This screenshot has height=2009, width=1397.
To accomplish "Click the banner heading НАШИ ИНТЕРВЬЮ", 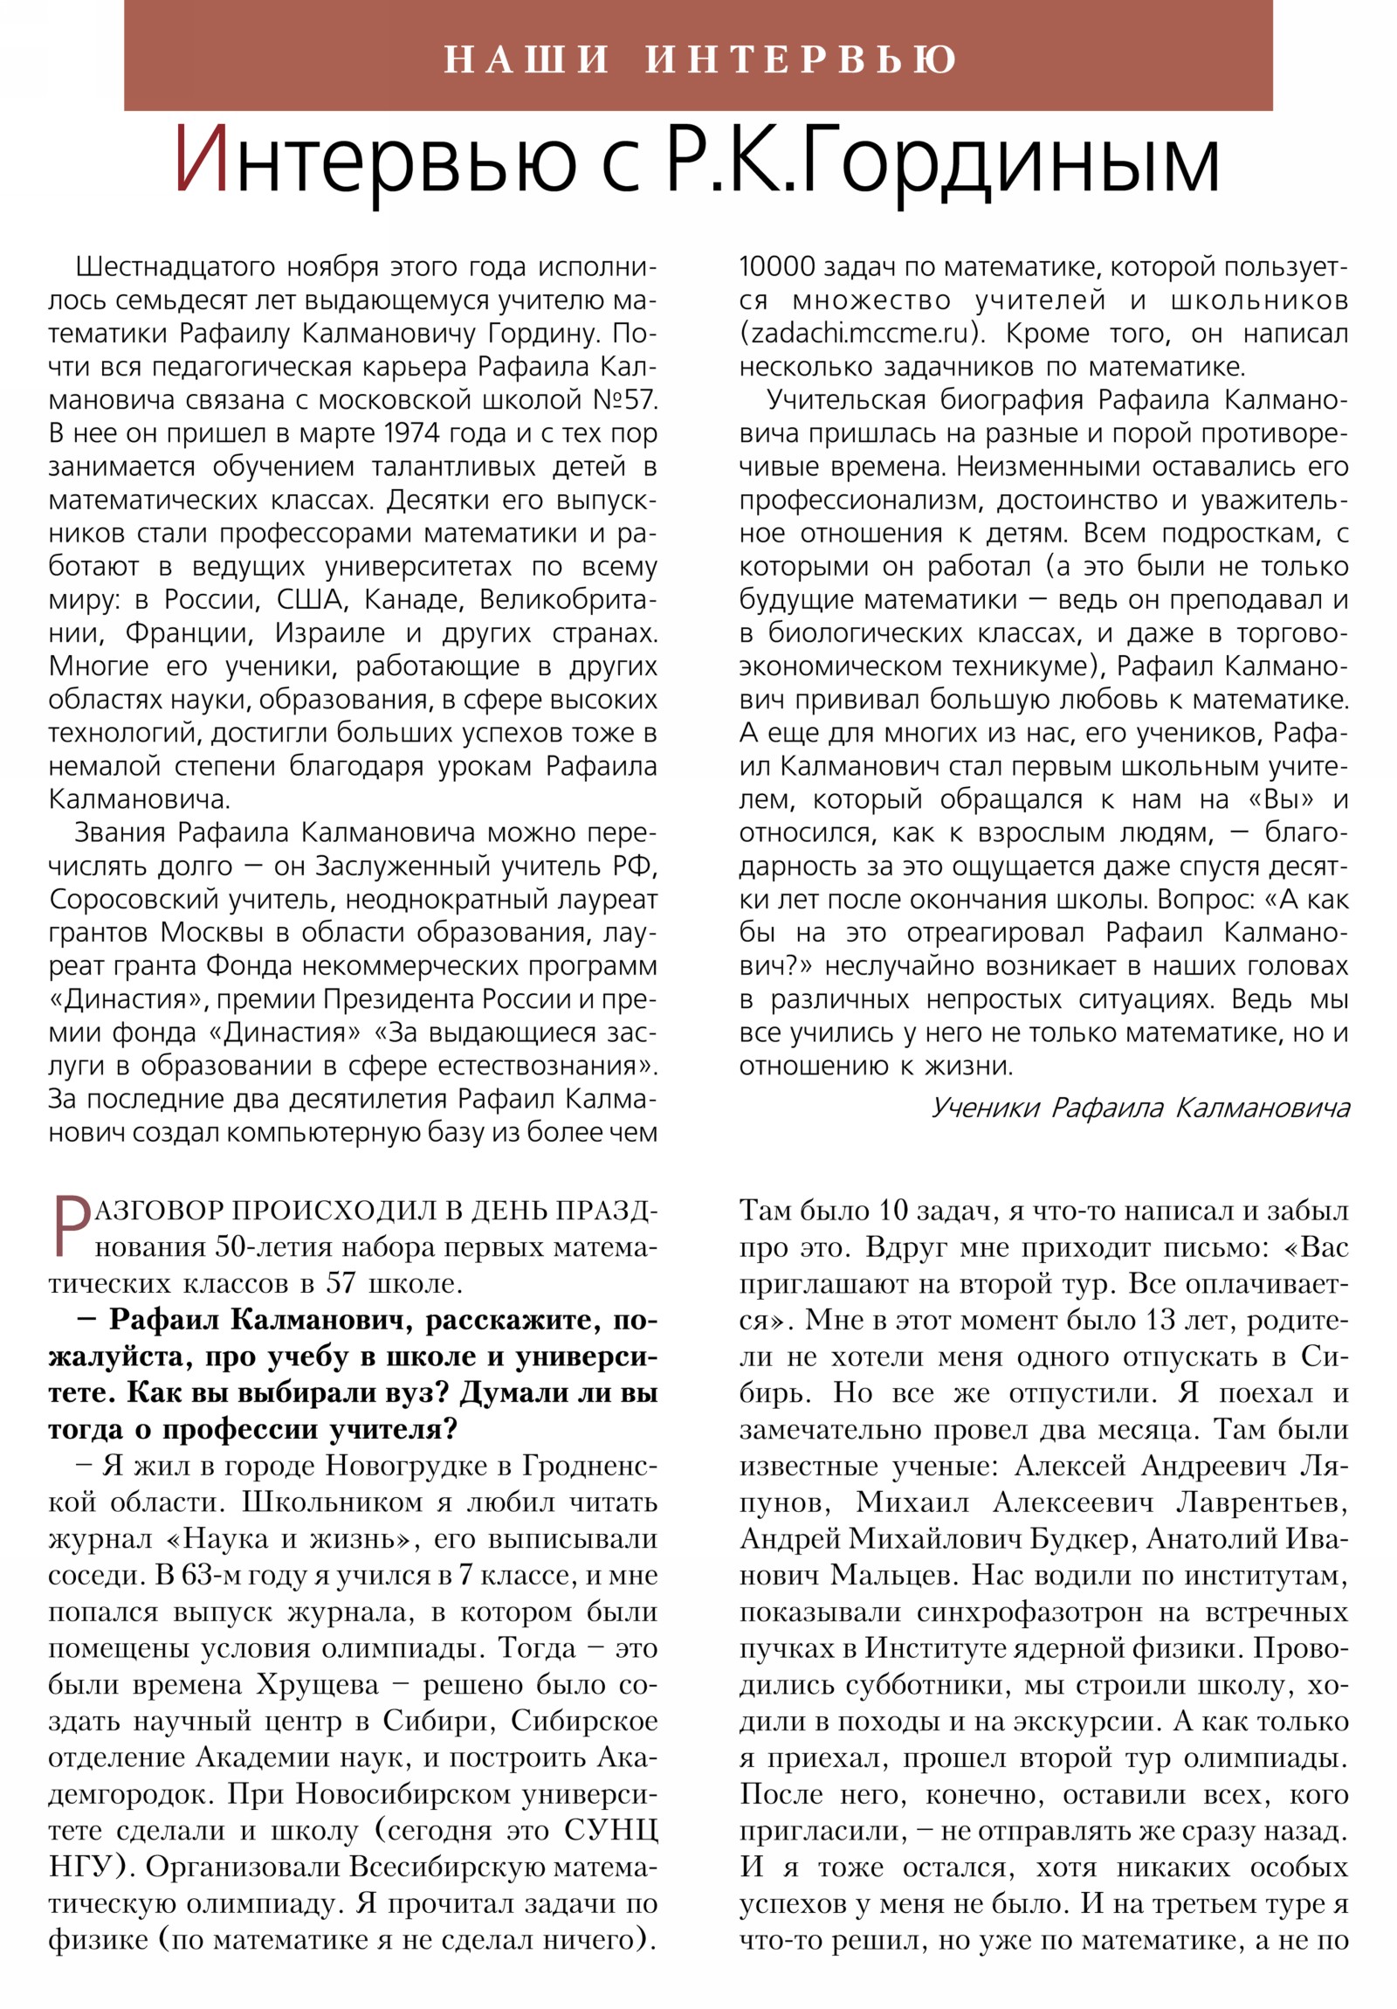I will (699, 59).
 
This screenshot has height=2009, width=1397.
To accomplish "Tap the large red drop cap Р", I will (71, 1227).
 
